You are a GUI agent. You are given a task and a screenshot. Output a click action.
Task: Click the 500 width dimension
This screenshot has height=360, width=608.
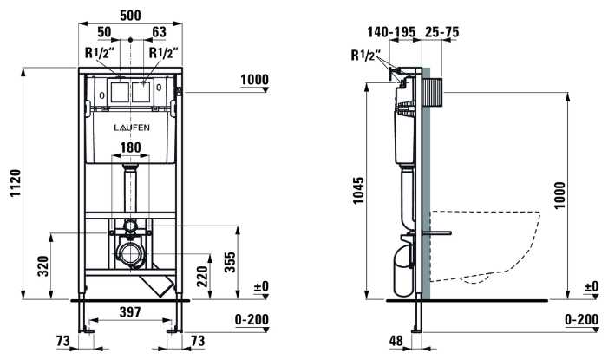coord(129,13)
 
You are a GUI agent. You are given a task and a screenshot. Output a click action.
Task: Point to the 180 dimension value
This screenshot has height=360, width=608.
coord(129,147)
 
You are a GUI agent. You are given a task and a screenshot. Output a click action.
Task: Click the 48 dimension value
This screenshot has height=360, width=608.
coord(396,342)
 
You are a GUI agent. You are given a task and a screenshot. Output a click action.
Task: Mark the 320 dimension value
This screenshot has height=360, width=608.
coord(43,266)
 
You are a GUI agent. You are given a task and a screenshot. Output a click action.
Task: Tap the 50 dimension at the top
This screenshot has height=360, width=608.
coord(105,31)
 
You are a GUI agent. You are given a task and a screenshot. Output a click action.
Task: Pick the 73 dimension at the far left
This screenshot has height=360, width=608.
coord(63,342)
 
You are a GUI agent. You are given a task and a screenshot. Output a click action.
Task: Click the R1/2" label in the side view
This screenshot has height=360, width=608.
coord(365,57)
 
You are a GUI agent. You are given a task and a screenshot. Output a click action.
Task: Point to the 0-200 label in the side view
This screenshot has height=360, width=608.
coord(580,320)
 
